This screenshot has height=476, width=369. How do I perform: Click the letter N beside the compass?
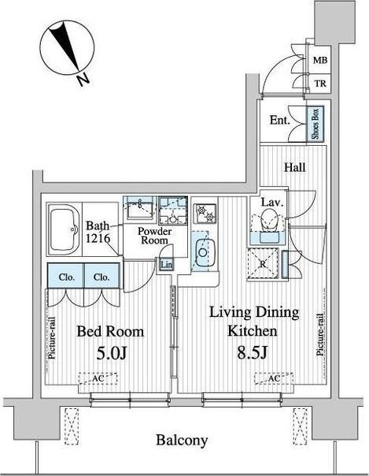(x=83, y=80)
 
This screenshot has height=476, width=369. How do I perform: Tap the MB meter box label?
(x=320, y=60)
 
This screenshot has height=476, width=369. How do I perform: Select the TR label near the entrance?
(x=320, y=84)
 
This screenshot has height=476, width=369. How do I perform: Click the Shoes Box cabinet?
(x=315, y=123)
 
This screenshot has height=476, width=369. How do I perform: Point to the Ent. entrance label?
(x=280, y=121)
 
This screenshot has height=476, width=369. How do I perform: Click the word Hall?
(x=294, y=167)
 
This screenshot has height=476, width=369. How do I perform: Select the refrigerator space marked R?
(x=263, y=263)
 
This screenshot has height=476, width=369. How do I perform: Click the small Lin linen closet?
(x=166, y=265)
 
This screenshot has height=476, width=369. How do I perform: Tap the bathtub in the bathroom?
(x=65, y=229)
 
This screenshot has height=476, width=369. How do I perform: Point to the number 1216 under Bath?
(x=98, y=238)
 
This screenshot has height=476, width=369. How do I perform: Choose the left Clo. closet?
(x=66, y=276)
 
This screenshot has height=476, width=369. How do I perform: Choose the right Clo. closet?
(x=102, y=276)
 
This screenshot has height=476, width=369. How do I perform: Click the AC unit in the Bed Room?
(x=98, y=378)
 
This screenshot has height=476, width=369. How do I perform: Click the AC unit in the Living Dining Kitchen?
(x=274, y=378)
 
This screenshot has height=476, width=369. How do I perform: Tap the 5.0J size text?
(x=111, y=353)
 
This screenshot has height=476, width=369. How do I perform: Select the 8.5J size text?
(x=252, y=353)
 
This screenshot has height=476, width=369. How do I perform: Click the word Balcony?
(x=182, y=441)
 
